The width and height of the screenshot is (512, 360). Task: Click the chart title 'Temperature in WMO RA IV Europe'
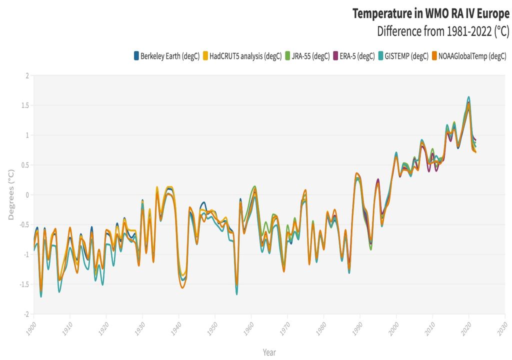430,13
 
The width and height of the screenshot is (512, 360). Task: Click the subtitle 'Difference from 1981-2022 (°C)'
443,31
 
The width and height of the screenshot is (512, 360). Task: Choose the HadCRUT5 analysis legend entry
245,56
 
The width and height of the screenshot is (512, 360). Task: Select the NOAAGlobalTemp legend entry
472,56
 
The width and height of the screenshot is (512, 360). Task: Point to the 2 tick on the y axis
27,75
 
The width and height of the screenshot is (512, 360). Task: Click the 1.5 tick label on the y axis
25,105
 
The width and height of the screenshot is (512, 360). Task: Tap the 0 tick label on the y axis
27,195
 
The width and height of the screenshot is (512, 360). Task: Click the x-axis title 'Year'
269,352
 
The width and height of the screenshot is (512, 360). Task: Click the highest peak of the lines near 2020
468,97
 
